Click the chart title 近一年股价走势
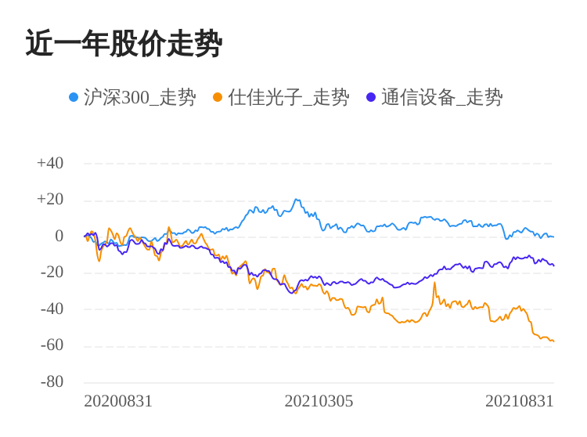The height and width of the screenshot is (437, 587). click(124, 44)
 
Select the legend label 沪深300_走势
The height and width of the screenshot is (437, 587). click(140, 97)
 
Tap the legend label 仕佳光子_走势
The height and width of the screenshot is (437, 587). click(289, 97)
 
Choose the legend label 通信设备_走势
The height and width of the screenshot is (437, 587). click(442, 97)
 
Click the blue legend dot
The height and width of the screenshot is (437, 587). click(74, 97)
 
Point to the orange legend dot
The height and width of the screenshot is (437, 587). click(218, 97)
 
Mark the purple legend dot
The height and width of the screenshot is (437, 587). click(371, 97)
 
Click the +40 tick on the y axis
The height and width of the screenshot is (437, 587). click(50, 163)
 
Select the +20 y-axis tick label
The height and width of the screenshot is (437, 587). click(50, 199)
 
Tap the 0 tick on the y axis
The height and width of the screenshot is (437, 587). click(59, 236)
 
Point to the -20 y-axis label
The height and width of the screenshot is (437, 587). click(52, 272)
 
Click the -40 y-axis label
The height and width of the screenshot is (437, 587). click(52, 309)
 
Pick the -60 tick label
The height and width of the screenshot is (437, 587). click(52, 345)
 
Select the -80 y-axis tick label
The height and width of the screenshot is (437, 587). click(52, 381)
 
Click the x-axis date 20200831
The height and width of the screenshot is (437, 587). click(118, 401)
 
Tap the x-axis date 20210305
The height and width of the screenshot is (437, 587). click(319, 401)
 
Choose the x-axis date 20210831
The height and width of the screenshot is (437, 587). click(519, 401)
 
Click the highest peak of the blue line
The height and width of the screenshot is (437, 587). click(297, 200)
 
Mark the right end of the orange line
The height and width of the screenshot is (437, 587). click(553, 341)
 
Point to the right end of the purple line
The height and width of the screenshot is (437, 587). click(553, 265)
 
